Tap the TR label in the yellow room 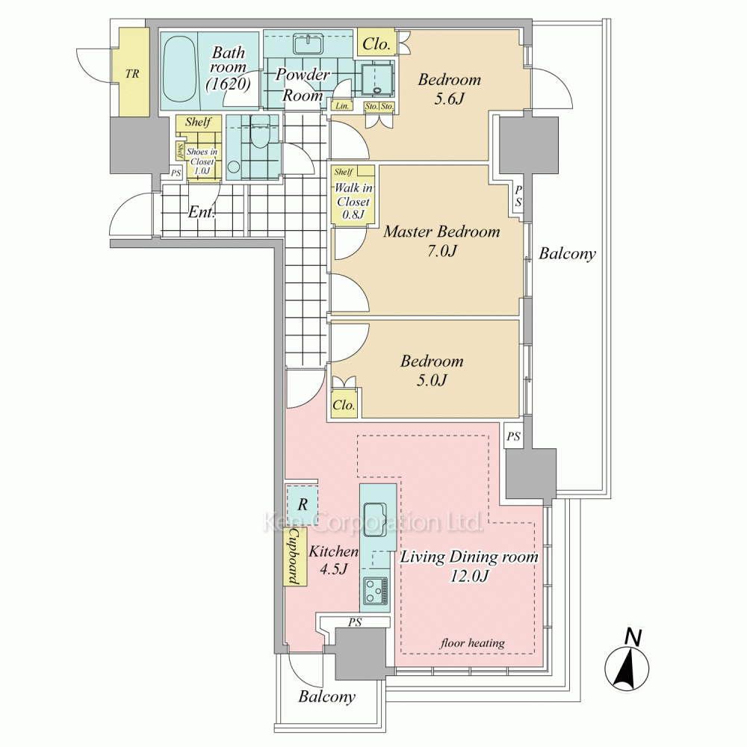131,74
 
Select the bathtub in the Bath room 179,72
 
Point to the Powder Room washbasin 308,45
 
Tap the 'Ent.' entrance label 201,212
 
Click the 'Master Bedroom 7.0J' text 441,241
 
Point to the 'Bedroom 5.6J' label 449,90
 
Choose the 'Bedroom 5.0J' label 432,371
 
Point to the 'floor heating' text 472,642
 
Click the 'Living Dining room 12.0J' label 469,565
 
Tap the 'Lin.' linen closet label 342,106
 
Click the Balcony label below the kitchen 326,697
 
